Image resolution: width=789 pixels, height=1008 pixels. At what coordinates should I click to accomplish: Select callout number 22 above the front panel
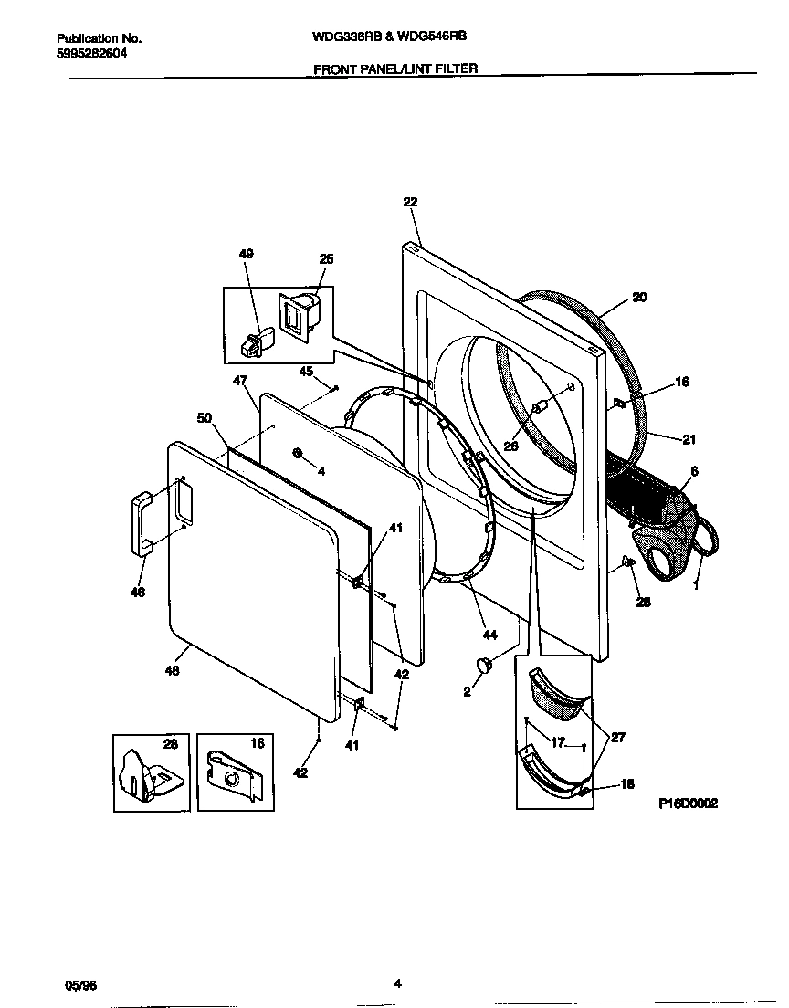[x=409, y=203]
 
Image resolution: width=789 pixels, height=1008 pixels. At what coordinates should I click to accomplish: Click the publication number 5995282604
[x=90, y=54]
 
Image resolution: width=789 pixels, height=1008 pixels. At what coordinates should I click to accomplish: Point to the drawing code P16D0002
[x=688, y=804]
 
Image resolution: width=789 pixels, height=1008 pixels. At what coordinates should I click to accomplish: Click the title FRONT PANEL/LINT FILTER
[x=395, y=68]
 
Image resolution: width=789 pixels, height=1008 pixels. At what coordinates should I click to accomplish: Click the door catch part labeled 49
[x=252, y=341]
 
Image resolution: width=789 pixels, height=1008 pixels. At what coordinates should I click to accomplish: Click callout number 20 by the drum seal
[x=638, y=298]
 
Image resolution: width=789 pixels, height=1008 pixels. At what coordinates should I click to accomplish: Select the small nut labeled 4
[x=298, y=454]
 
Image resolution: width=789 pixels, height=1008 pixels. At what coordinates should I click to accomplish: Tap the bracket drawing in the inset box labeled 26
[x=146, y=780]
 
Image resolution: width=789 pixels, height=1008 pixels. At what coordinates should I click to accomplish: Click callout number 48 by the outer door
[x=172, y=671]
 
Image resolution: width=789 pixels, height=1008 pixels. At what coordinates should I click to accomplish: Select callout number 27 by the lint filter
[x=618, y=737]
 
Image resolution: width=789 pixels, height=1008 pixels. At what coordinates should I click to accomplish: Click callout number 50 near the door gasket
[x=205, y=417]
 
